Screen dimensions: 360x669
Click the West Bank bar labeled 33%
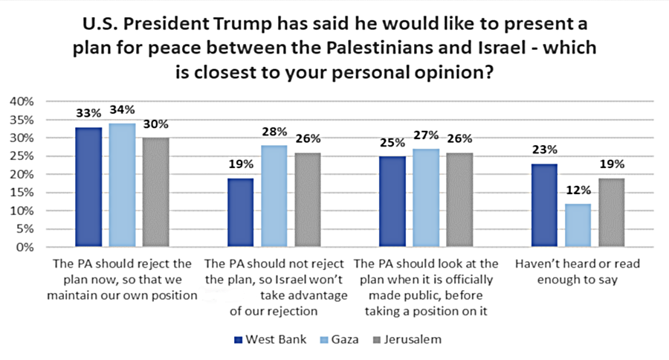click(88, 187)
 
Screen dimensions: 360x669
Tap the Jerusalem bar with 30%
click(157, 192)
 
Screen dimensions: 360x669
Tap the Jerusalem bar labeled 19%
click(610, 213)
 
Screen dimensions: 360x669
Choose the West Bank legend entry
click(265, 340)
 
